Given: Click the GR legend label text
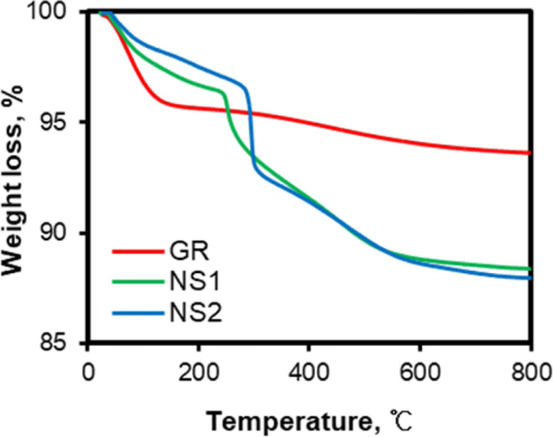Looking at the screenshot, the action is click(x=189, y=251).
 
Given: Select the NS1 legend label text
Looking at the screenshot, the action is click(x=195, y=282).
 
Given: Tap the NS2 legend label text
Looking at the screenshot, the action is click(x=196, y=313).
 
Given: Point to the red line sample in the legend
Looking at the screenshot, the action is click(x=138, y=252).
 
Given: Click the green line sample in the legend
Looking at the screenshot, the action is click(x=138, y=282).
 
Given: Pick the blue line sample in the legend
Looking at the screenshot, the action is click(x=138, y=313).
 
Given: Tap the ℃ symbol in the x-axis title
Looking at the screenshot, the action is click(x=401, y=421).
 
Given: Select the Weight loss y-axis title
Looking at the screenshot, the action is click(x=12, y=179).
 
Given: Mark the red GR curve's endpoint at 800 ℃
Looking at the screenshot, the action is click(x=529, y=153).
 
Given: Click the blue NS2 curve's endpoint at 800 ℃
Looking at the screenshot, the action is click(x=529, y=278).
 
